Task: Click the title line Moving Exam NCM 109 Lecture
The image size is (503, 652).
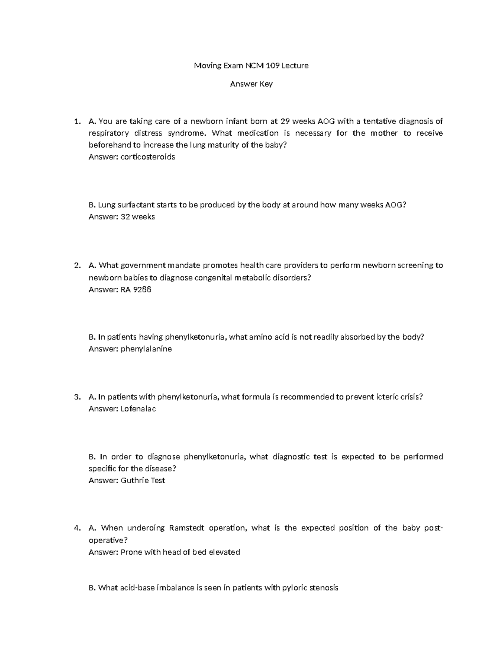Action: pyautogui.click(x=251, y=65)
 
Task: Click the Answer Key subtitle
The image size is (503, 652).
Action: pyautogui.click(x=251, y=84)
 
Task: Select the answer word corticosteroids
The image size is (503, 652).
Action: pyautogui.click(x=148, y=157)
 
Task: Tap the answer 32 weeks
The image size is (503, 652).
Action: pyautogui.click(x=137, y=217)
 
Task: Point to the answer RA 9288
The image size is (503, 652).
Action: pyautogui.click(x=136, y=290)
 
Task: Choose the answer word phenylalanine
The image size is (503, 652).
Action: pyautogui.click(x=146, y=349)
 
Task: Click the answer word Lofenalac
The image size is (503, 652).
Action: pyautogui.click(x=138, y=409)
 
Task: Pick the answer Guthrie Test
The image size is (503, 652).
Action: pyautogui.click(x=143, y=481)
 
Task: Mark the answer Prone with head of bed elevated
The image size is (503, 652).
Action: pyautogui.click(x=180, y=552)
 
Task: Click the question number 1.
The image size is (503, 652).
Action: pyautogui.click(x=76, y=122)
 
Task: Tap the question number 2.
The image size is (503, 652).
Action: pyautogui.click(x=76, y=265)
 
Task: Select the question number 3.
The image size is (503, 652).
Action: pyautogui.click(x=76, y=397)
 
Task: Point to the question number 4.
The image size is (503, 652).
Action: pyautogui.click(x=76, y=529)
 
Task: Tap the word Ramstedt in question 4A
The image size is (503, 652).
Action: pyautogui.click(x=186, y=529)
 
